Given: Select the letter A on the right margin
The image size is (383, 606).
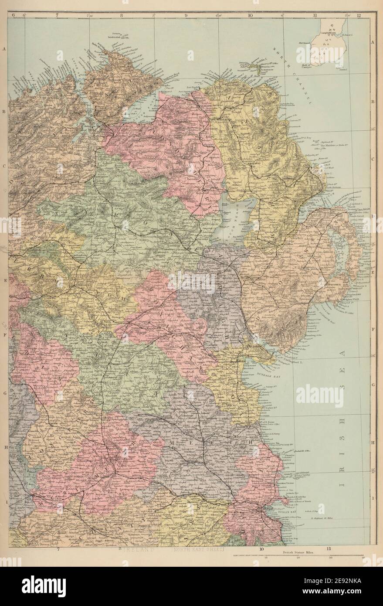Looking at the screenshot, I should coord(373,42).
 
